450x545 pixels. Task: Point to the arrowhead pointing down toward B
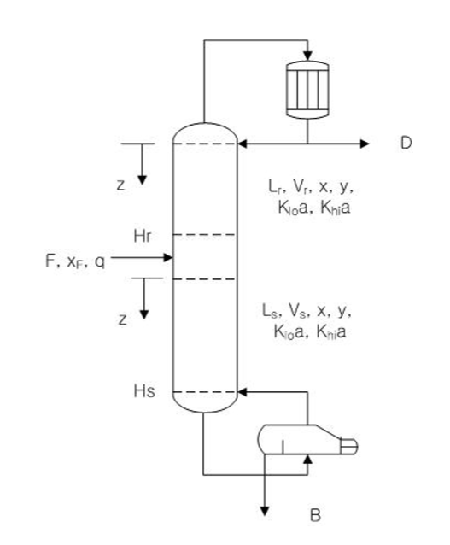[266, 511]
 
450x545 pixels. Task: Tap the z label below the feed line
[123, 319]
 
